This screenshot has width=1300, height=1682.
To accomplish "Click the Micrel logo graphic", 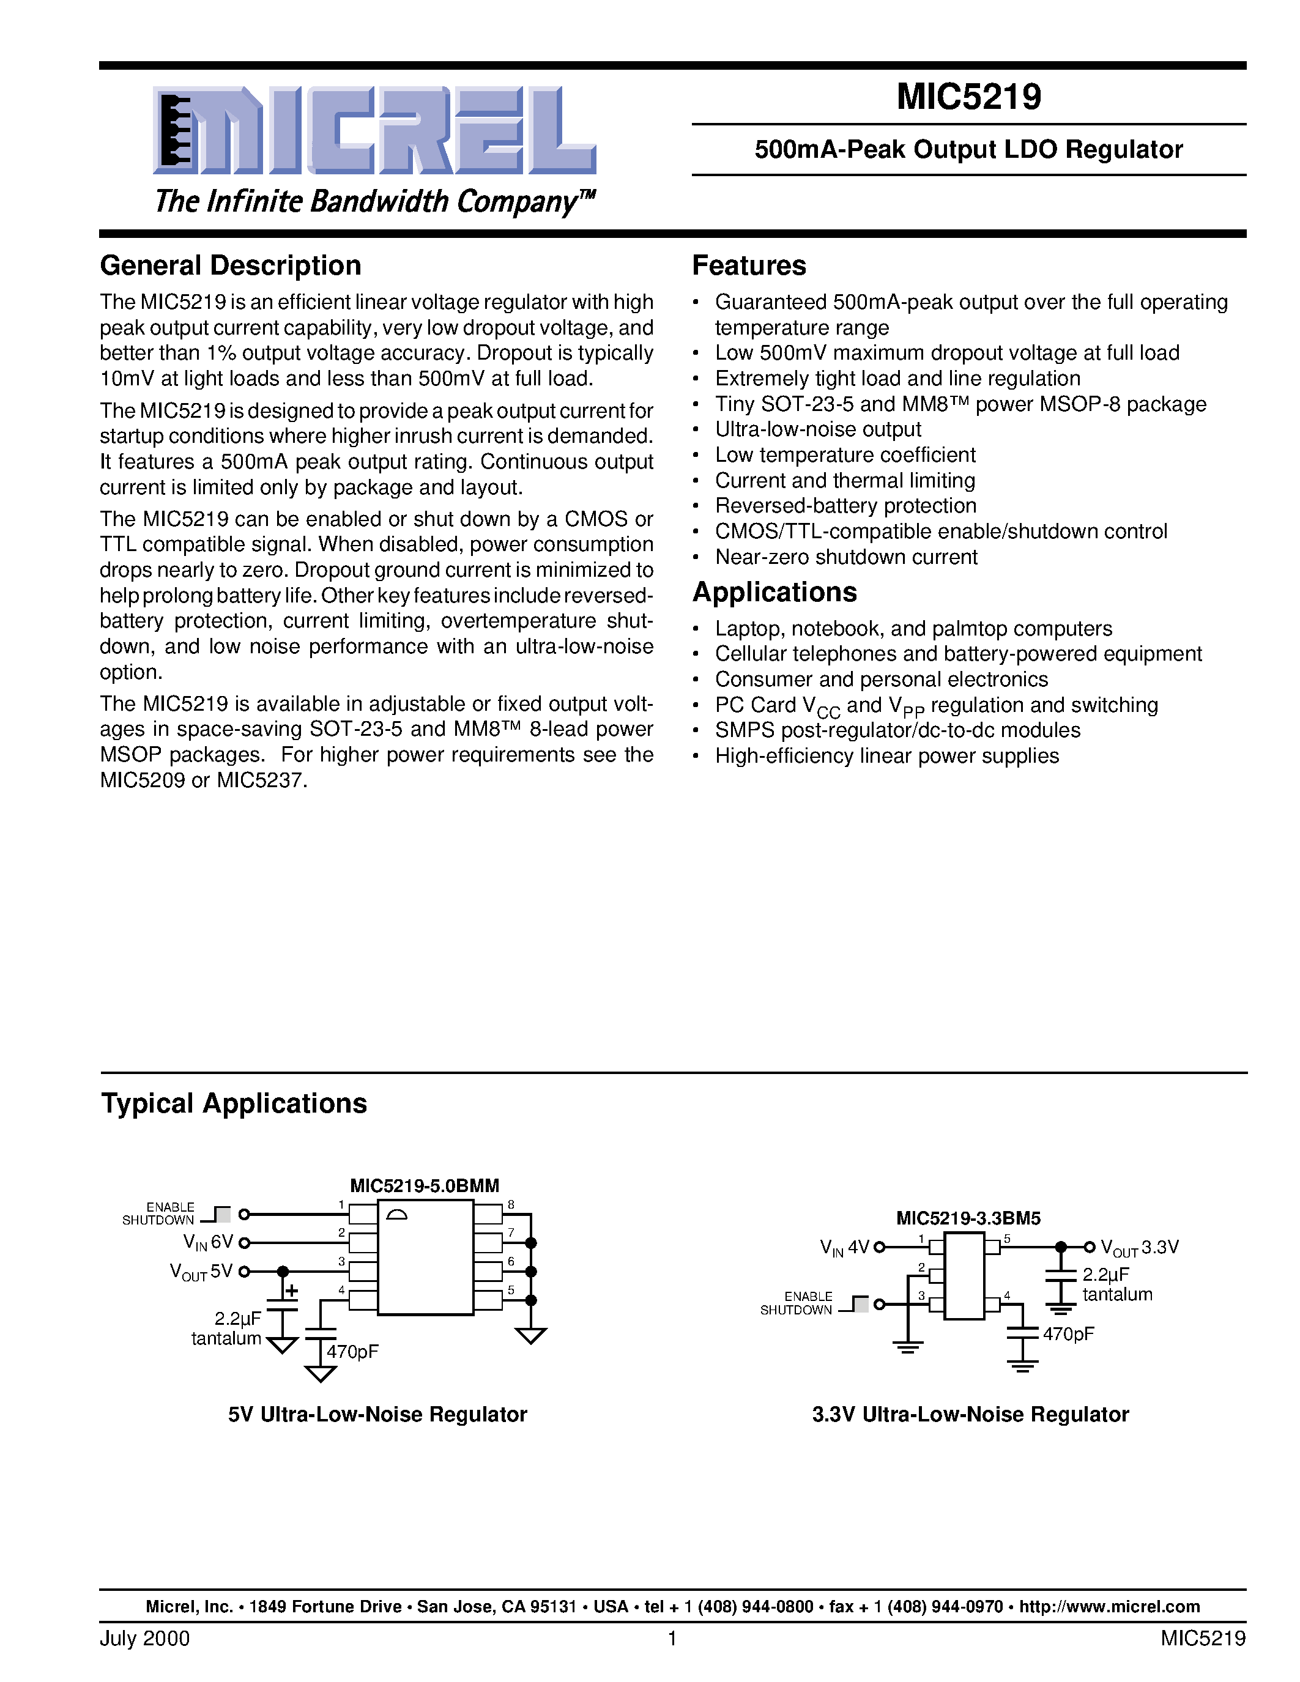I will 374,130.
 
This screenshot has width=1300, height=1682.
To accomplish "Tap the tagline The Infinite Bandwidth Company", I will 374,202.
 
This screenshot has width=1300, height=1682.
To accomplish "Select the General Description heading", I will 230,265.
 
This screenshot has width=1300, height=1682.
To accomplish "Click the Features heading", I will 749,265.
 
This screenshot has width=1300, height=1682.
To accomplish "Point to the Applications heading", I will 774,592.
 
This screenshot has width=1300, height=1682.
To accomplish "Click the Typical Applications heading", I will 234,1103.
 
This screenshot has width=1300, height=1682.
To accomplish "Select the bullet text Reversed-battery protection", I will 845,506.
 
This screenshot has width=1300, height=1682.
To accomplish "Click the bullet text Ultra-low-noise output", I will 817,430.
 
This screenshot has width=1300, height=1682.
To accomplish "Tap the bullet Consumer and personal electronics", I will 881,680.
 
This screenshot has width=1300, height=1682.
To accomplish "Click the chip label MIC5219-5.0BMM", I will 425,1185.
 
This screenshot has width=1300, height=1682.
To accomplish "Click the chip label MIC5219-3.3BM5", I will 968,1218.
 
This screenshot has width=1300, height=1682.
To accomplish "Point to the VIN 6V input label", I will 208,1242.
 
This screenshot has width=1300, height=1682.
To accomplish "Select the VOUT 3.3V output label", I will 1140,1247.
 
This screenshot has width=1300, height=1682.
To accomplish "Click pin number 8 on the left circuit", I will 511,1204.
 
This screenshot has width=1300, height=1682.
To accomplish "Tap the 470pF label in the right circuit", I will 1068,1334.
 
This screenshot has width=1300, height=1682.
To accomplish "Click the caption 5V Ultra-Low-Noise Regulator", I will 377,1415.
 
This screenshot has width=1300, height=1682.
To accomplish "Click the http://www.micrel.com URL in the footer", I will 1109,1607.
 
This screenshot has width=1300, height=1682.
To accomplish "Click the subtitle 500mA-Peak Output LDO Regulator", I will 968,149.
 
